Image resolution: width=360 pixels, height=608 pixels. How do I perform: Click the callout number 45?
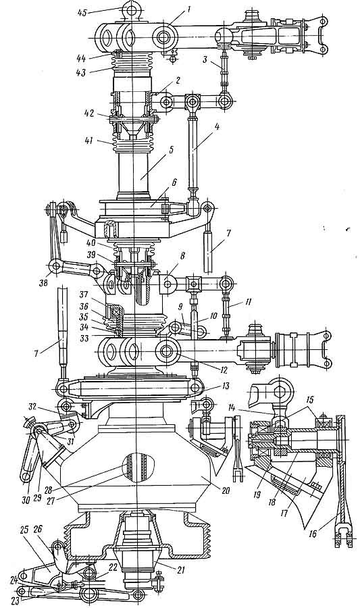click(x=82, y=12)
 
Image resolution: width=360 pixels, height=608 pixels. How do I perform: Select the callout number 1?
click(x=188, y=7)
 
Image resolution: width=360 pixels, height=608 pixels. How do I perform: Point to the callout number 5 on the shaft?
click(x=171, y=150)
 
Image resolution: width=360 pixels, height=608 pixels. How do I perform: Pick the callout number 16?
click(x=313, y=534)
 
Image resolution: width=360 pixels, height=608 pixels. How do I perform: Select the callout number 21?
click(x=180, y=570)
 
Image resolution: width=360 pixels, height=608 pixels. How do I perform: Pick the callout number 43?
click(x=81, y=73)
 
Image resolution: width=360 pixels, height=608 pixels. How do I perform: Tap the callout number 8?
click(x=183, y=257)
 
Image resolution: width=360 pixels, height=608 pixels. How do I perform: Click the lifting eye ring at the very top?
click(x=131, y=9)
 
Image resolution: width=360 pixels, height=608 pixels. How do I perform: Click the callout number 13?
click(x=226, y=386)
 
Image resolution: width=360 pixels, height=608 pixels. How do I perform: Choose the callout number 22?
click(x=113, y=567)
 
